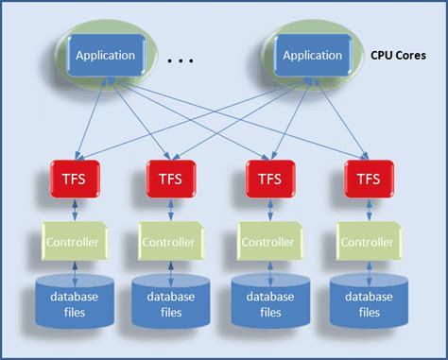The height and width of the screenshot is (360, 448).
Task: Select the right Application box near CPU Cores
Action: coord(312,55)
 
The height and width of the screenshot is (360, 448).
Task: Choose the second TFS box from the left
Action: coord(171,178)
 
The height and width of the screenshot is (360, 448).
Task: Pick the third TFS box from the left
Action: coord(268,178)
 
